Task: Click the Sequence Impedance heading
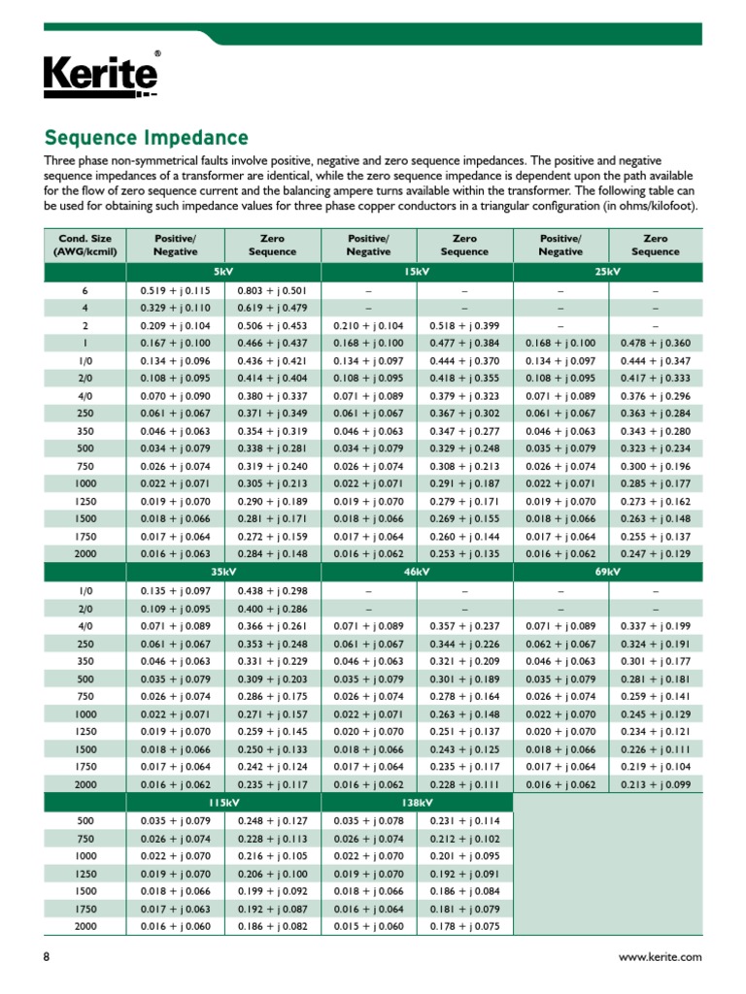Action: coord(147,138)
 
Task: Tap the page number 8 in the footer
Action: coord(47,957)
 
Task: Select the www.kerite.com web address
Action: coord(660,957)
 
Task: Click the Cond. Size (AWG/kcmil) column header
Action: coord(85,245)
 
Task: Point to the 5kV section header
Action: coord(223,272)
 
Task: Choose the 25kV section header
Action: coord(608,272)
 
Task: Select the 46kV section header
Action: coord(416,572)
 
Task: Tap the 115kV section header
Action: coord(223,804)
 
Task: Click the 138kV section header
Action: coord(416,804)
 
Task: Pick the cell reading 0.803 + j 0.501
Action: coord(272,290)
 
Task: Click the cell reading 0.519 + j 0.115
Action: coord(175,290)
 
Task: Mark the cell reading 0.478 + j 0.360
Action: coord(656,343)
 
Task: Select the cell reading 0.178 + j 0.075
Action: coord(464,926)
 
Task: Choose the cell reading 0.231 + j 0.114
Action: coord(464,821)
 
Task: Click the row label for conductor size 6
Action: coord(85,290)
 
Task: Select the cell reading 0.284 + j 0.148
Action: coord(272,554)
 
